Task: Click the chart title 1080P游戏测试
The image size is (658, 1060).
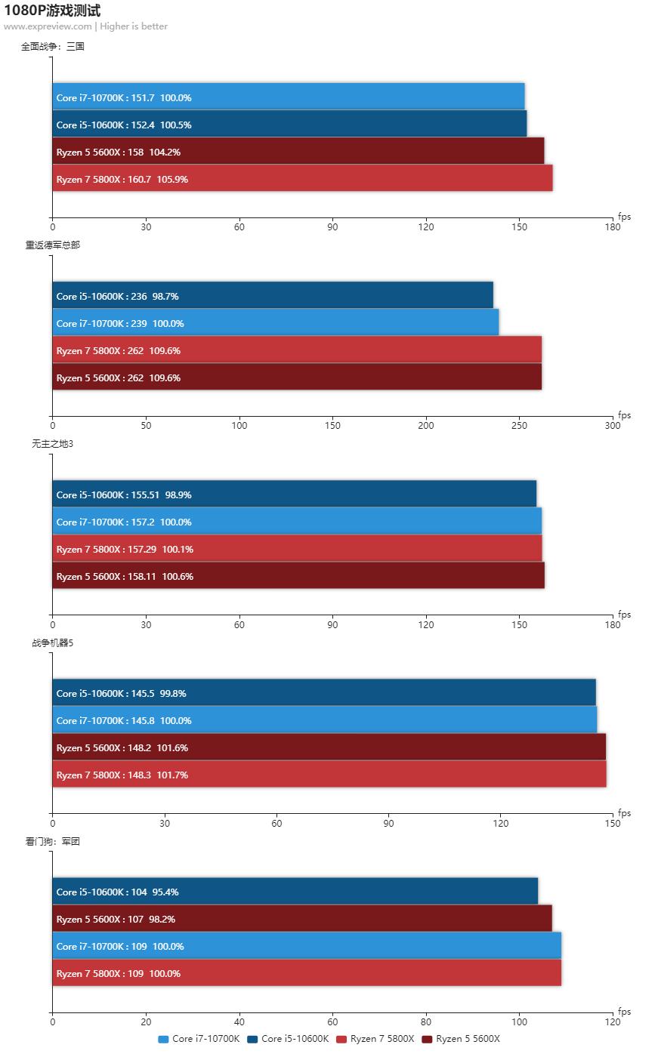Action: coord(52,11)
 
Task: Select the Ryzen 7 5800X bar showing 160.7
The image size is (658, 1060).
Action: coord(302,179)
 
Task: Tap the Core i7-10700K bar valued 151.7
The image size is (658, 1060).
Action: coord(288,97)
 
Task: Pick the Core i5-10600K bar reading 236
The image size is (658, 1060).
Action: coord(272,296)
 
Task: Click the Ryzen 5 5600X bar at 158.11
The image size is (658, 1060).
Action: coord(298,576)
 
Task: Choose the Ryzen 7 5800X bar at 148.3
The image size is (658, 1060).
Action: coord(329,775)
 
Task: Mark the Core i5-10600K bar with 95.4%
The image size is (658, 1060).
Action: coord(295,892)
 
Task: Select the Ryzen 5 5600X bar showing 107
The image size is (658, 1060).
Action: coord(301,919)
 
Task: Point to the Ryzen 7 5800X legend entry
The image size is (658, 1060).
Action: coord(375,1039)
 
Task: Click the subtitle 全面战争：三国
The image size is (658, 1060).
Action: coord(53,46)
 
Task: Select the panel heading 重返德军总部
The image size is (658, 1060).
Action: coord(53,245)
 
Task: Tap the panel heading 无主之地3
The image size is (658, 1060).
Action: coord(53,443)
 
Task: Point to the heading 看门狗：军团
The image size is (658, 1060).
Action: coord(53,841)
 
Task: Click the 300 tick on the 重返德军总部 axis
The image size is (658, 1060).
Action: coord(613,426)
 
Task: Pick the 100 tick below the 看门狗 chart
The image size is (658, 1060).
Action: coord(519,1022)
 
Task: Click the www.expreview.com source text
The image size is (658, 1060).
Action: coord(48,26)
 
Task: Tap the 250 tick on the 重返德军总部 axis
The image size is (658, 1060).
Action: coord(519,426)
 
